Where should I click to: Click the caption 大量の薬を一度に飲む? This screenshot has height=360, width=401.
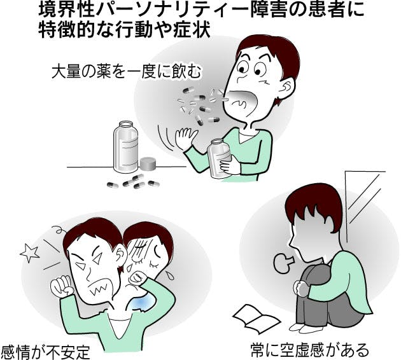click(x=126, y=71)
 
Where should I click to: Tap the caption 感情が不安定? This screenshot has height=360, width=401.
click(x=46, y=352)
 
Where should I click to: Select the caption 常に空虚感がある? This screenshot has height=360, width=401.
click(x=310, y=350)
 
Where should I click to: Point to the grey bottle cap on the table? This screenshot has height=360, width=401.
click(x=148, y=163)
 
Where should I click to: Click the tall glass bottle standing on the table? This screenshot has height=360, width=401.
click(x=125, y=147)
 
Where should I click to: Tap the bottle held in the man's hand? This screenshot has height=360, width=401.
click(x=219, y=158)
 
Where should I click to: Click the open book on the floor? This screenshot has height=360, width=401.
click(x=257, y=319)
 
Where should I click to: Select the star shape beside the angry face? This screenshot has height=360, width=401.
click(x=30, y=253)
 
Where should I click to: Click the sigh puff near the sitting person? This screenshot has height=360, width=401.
click(x=283, y=263)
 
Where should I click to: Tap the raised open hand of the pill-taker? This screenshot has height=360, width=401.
click(x=186, y=138)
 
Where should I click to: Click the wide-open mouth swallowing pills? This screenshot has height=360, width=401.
click(x=241, y=102)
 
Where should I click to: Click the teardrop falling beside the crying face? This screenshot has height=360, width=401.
click(x=169, y=275)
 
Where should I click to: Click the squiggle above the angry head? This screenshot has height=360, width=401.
click(x=59, y=230)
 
